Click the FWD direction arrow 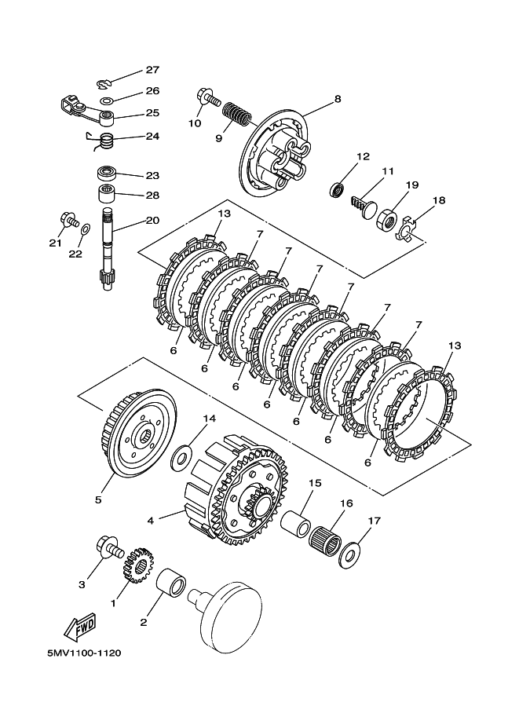point(80,626)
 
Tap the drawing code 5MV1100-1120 point(84,653)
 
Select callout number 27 point(152,70)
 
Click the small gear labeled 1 point(137,565)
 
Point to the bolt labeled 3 point(109,547)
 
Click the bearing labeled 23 point(108,174)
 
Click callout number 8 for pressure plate point(338,99)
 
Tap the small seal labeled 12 point(338,189)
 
